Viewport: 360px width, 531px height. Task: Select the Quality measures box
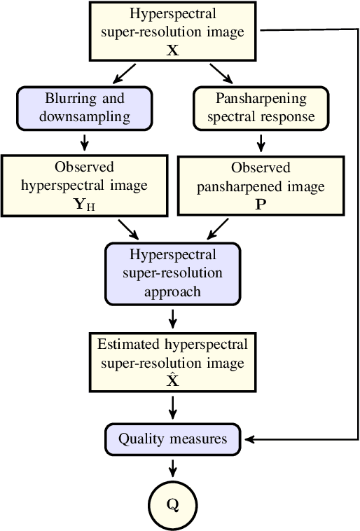172,440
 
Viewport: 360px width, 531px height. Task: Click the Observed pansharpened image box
261,185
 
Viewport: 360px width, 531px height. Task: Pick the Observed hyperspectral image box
84,185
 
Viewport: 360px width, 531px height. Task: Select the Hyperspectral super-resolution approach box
172,273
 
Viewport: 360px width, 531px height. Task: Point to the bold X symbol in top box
172,50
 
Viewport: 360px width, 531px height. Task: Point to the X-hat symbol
172,380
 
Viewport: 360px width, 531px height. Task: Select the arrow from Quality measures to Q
172,468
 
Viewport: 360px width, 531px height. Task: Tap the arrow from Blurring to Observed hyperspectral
84,143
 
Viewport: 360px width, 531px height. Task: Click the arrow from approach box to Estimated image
172,319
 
